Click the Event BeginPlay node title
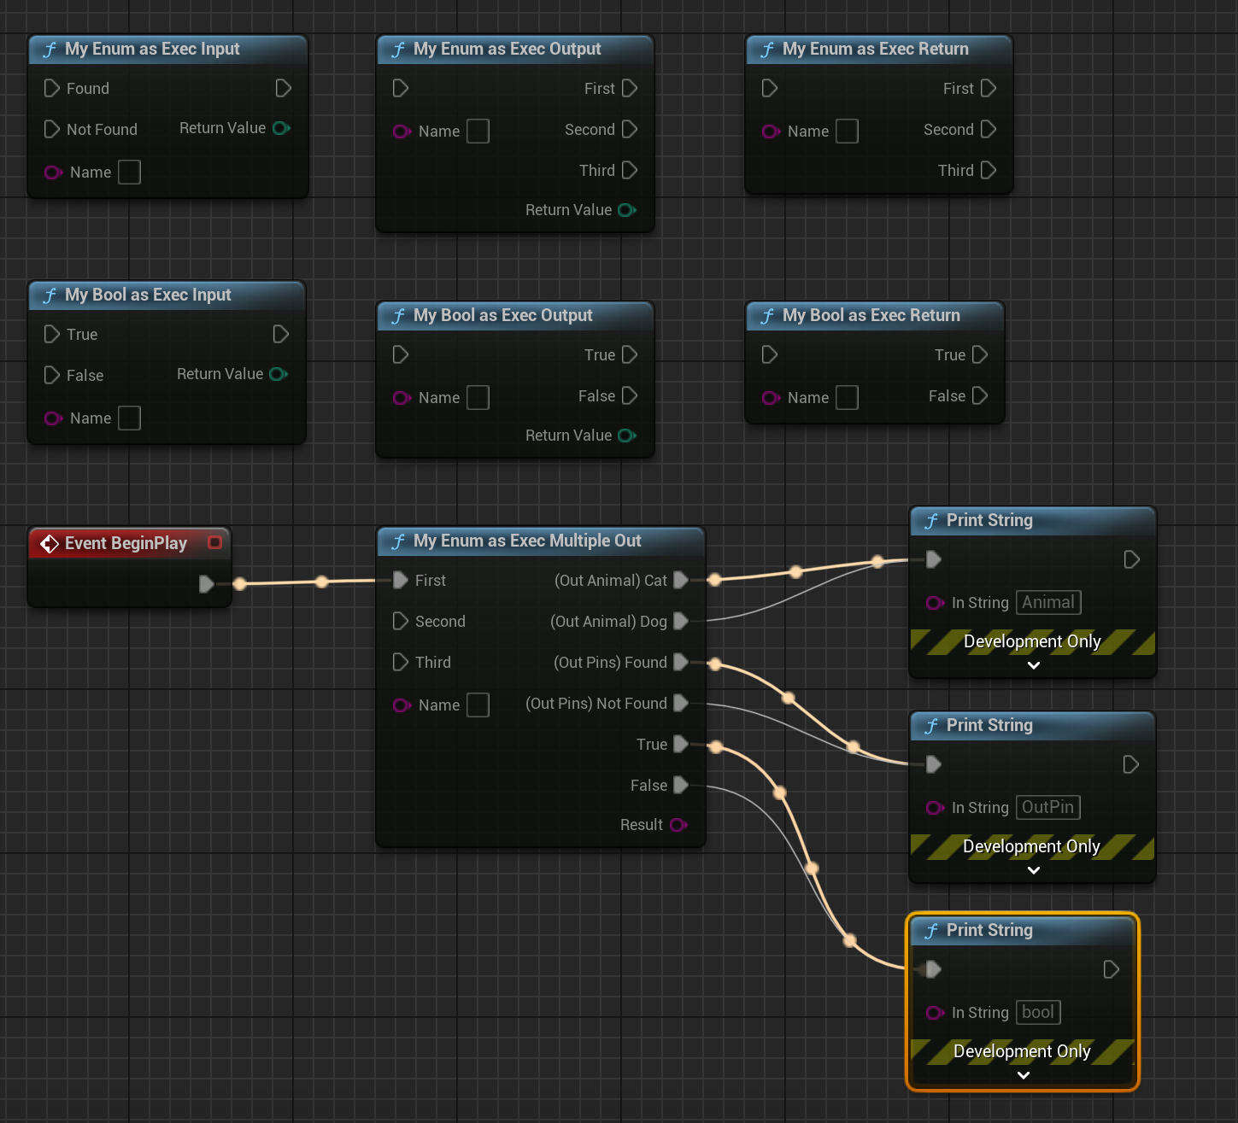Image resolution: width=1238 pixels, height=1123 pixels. (x=126, y=543)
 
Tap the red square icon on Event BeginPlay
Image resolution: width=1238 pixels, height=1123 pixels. (x=214, y=542)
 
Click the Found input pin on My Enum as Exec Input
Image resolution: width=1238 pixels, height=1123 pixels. (x=51, y=88)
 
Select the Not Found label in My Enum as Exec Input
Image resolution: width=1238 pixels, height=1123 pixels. (x=102, y=129)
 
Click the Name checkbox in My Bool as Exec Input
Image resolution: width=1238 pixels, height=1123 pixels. (x=129, y=418)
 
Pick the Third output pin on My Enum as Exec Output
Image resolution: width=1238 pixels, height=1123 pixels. (x=630, y=170)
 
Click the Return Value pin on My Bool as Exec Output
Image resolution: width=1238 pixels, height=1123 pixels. (x=626, y=436)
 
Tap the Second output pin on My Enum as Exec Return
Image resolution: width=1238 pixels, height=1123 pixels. (x=989, y=129)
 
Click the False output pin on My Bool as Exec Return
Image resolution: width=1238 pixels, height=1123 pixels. (x=980, y=395)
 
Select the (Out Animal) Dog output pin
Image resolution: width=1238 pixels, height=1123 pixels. (x=681, y=621)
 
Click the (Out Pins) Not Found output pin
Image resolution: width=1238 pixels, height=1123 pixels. (x=681, y=703)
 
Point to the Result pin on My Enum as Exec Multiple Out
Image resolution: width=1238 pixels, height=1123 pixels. (x=678, y=825)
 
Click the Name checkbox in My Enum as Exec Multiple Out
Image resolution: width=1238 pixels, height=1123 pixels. (x=478, y=705)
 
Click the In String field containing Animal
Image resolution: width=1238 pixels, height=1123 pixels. (x=1048, y=602)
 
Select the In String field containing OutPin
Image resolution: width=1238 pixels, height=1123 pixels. (x=1047, y=807)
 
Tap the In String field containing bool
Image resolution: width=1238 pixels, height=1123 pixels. (x=1038, y=1012)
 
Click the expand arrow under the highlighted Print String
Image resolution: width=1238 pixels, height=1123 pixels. (x=1023, y=1075)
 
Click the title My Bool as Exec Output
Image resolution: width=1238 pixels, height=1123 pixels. (x=502, y=315)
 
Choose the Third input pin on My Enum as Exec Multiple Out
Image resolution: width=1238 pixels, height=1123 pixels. (x=400, y=662)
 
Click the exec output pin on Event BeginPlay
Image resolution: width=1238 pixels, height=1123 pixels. (x=206, y=583)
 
